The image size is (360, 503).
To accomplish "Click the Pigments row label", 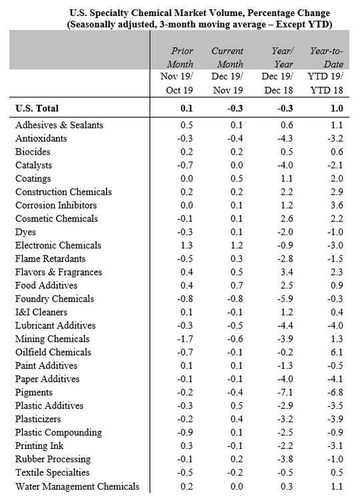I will click(x=35, y=392).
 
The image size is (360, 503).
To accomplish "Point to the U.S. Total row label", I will click(x=41, y=107).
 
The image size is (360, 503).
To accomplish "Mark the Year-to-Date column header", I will click(x=327, y=58).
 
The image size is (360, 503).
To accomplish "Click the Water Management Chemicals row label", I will click(x=77, y=486).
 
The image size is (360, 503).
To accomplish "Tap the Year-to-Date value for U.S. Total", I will click(x=337, y=107).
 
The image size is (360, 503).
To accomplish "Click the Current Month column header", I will click(x=227, y=58).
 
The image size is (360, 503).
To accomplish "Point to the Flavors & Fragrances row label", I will click(x=59, y=272).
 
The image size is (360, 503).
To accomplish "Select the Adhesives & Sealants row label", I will click(x=59, y=125).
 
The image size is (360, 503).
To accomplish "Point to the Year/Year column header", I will click(x=281, y=58).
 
